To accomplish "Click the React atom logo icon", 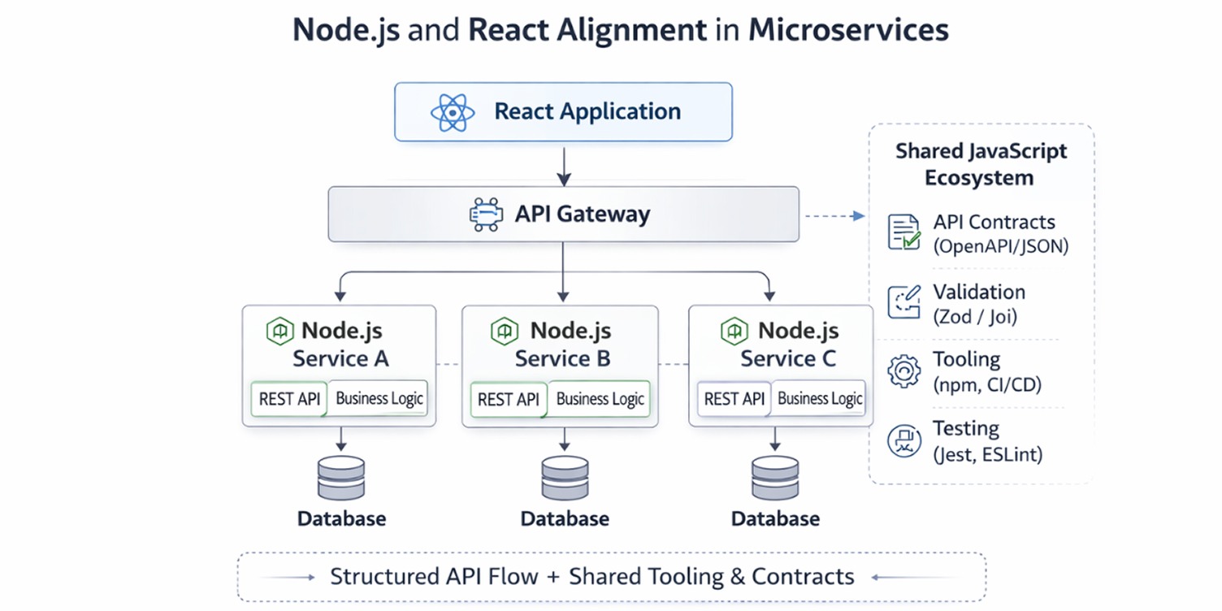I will pos(453,112).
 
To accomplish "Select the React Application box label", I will pos(587,111).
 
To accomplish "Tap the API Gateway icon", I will pos(486,214).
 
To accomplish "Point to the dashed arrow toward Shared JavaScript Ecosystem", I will pos(834,216).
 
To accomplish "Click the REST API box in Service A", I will pos(289,399).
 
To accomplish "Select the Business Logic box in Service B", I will pos(600,399).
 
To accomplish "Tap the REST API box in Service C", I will pos(734,399).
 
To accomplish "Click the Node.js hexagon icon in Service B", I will pos(504,331).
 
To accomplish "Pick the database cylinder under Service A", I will pos(341,479).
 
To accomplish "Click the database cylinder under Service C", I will pos(774,479).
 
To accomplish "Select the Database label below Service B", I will pos(565,518).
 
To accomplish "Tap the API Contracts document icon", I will pos(903,232).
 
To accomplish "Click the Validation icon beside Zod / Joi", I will pos(903,302).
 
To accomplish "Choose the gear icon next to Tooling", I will pos(903,370).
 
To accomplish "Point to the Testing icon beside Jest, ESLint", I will pos(903,440).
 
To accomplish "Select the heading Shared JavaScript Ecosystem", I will pos(981,164).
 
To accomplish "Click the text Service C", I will pos(787,358).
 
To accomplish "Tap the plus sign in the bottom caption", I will pos(552,577).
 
